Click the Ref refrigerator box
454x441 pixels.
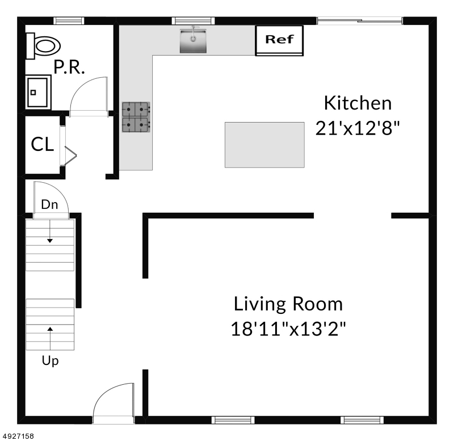279,40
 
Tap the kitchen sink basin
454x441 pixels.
193,41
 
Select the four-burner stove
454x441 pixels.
136,117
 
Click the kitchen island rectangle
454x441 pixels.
264,145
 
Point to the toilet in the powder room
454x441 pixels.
43,46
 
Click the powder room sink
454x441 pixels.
38,92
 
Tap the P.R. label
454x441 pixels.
69,67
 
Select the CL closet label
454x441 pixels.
42,144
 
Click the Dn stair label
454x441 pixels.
49,204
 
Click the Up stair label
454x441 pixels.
50,361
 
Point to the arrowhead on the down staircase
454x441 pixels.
50,241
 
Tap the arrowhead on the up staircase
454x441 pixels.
50,329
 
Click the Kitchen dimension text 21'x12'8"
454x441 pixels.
358,128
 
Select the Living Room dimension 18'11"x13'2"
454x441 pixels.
288,329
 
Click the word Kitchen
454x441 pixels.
358,103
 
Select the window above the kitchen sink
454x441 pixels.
193,21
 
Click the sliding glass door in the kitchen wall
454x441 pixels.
359,21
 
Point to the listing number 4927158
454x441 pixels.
18,436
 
